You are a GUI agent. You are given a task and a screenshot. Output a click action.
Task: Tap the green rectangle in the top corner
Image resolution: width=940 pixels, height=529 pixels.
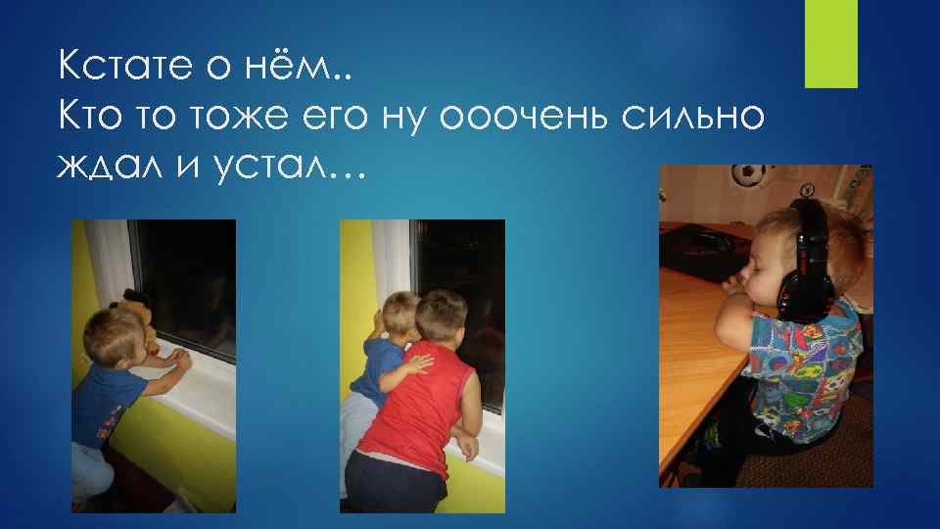point(830,43)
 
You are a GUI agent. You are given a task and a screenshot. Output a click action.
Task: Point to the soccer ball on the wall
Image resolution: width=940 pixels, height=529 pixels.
point(748,175)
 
